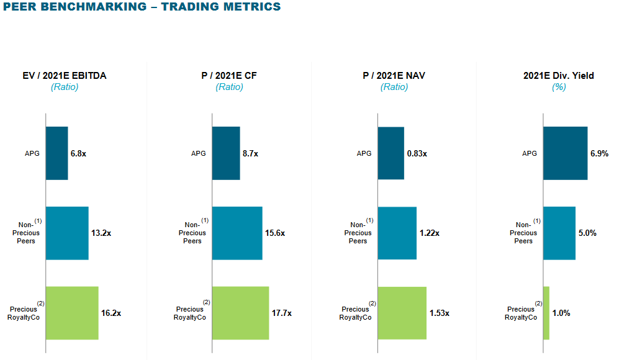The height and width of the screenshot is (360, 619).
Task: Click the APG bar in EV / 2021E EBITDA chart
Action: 56,153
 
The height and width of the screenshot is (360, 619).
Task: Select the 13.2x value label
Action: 101,233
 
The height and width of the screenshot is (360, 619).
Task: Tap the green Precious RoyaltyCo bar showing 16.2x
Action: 72,313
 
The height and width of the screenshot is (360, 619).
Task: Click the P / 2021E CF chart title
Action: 229,76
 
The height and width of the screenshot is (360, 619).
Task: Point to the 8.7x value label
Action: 251,153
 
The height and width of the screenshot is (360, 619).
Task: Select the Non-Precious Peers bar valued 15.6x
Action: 237,233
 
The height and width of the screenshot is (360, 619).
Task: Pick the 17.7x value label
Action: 281,313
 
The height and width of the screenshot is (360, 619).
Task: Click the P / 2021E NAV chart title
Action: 394,76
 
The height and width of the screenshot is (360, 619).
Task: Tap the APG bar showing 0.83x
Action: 391,153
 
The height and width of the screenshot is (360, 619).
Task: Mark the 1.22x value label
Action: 429,233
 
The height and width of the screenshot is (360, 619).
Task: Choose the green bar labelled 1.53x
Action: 402,313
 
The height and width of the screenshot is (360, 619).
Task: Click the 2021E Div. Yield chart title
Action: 559,76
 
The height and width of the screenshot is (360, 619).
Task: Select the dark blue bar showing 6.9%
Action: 565,153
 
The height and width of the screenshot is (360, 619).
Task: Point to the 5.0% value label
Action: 587,233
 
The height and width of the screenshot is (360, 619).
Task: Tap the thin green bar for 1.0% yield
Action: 546,313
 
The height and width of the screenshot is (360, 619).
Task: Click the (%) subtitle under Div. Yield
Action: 559,87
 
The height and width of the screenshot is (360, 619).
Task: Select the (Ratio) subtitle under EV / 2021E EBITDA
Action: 65,87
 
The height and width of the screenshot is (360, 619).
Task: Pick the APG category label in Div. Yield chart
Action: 530,153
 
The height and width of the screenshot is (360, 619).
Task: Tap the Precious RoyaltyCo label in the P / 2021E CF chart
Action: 190,313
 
